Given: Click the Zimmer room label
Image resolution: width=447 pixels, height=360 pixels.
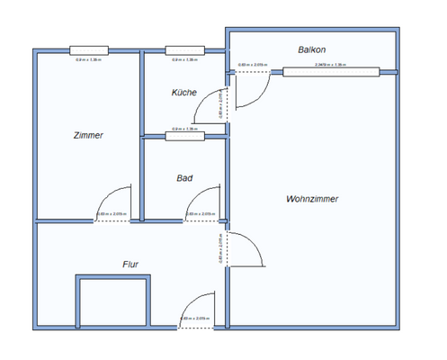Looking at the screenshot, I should [x=88, y=135].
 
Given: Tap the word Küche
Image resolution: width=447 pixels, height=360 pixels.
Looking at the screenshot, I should [x=183, y=93].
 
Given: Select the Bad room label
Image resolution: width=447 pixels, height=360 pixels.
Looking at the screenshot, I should [x=184, y=178].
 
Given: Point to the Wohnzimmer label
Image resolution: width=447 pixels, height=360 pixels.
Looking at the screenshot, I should [x=312, y=199].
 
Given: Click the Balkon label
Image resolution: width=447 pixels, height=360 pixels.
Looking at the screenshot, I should [x=311, y=49].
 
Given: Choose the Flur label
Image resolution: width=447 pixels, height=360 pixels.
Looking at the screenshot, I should [x=130, y=264].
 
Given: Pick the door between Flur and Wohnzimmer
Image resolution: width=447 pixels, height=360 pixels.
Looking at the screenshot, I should [x=244, y=249].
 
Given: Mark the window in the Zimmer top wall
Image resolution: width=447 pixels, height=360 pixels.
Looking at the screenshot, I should [x=89, y=50].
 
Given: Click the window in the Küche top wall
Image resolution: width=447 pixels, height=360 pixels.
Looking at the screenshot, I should [x=184, y=50].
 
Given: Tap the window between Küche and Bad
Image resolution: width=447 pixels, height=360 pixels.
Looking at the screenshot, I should [x=184, y=136].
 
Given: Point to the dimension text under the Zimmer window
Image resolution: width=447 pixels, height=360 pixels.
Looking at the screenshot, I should [x=87, y=59].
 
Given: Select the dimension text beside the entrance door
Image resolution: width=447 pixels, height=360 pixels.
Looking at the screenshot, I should [x=195, y=319].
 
